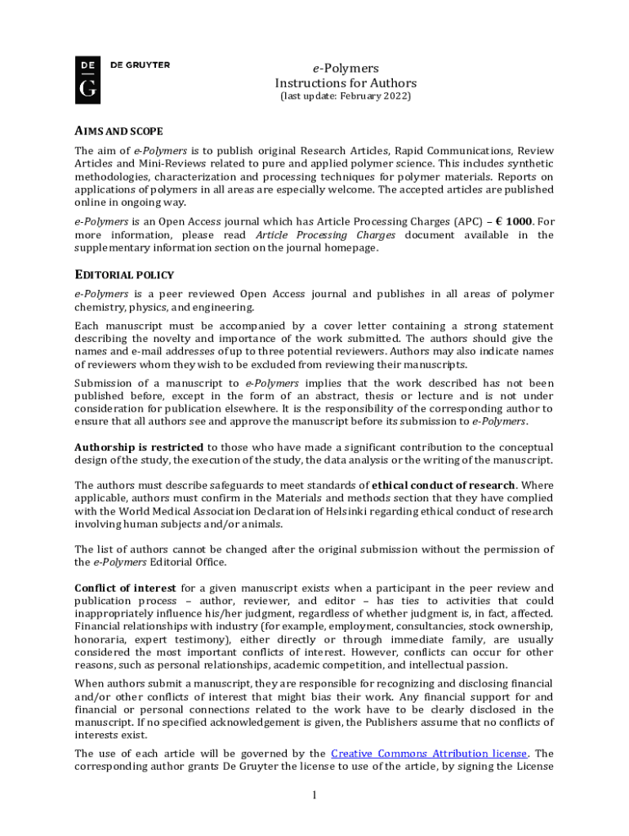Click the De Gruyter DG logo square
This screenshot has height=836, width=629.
tap(88, 80)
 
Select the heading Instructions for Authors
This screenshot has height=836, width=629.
tap(346, 83)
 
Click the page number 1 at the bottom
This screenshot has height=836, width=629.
tap(314, 795)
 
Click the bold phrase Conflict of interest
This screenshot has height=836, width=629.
tap(126, 589)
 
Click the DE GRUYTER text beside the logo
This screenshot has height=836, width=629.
tap(141, 65)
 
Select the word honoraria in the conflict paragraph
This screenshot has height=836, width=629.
tap(101, 641)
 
